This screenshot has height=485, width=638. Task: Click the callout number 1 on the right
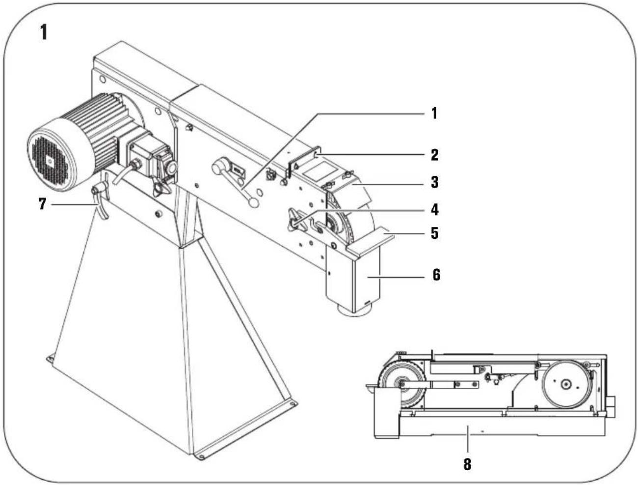pos(434,113)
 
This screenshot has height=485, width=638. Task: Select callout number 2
pos(434,155)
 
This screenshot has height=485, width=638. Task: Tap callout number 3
pos(434,182)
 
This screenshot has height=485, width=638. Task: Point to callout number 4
pos(434,210)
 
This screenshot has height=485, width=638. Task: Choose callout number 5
pos(434,232)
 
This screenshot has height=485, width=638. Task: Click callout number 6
pos(435,275)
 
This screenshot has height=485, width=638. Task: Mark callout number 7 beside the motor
pos(43,203)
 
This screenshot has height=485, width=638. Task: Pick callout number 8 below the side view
pos(467,463)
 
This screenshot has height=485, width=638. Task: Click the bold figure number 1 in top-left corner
pos(44,32)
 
